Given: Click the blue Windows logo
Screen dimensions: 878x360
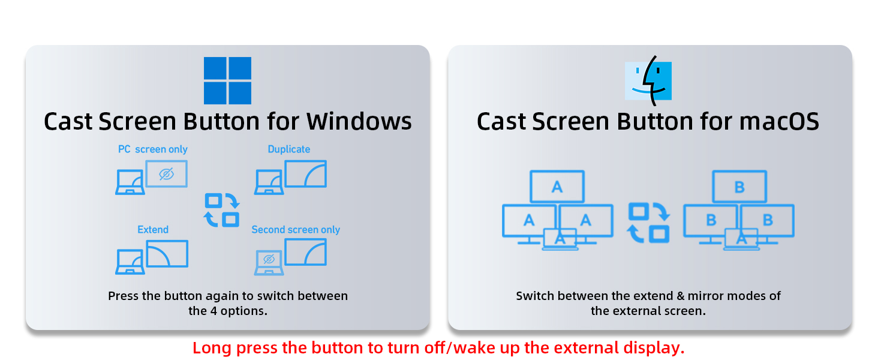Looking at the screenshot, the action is click(x=227, y=80).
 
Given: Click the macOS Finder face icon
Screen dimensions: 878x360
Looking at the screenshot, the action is click(x=648, y=81).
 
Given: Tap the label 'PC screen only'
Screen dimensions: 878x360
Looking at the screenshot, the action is click(x=153, y=149).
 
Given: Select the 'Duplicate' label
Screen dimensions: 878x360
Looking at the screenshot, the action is click(x=289, y=149).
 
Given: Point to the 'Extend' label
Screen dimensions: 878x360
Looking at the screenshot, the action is click(x=153, y=229).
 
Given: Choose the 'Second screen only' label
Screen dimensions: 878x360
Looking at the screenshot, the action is click(x=296, y=229).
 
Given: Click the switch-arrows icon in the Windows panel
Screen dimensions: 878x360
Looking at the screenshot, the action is click(x=222, y=210).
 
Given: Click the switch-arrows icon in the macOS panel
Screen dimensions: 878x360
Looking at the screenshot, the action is click(x=649, y=223).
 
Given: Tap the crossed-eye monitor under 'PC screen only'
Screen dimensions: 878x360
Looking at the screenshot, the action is click(x=167, y=174).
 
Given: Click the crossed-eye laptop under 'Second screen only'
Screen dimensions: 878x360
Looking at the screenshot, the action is click(x=269, y=262).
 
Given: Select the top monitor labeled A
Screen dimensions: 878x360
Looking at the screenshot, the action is click(x=557, y=187).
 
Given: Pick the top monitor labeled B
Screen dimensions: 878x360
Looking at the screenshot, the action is click(x=739, y=187).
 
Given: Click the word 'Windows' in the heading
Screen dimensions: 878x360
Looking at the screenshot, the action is click(x=359, y=121).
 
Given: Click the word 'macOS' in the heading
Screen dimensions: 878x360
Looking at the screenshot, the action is click(x=779, y=121).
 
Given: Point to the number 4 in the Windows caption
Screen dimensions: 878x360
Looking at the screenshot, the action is click(x=214, y=311).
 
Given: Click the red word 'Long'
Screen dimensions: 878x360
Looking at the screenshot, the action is click(x=212, y=348).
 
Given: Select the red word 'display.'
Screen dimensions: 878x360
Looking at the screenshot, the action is click(x=654, y=348).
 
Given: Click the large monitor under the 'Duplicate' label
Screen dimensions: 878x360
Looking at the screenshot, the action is click(x=306, y=174).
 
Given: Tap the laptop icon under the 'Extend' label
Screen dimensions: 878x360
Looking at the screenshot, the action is click(x=130, y=262).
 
